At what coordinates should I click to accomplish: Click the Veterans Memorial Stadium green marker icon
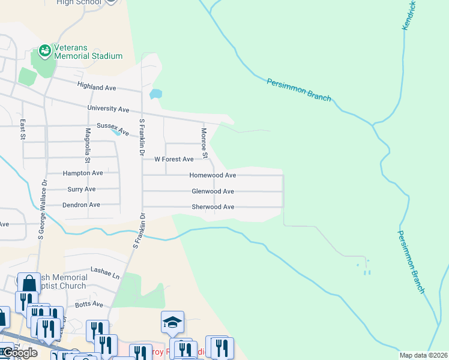point(45,50)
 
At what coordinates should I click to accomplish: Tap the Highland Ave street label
point(97,88)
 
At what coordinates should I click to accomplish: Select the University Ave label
point(108,109)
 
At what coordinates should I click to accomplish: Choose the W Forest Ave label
point(174,160)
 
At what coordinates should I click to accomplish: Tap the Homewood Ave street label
point(212,175)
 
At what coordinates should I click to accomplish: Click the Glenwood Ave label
point(212,191)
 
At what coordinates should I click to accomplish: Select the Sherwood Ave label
point(212,207)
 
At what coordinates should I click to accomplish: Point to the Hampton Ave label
point(83,173)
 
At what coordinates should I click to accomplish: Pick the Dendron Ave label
point(81,205)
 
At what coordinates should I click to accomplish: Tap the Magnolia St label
point(87,145)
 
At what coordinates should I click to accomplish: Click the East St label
point(22,129)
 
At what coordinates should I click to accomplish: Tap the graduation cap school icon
point(172,322)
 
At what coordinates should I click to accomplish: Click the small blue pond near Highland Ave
point(155,94)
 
